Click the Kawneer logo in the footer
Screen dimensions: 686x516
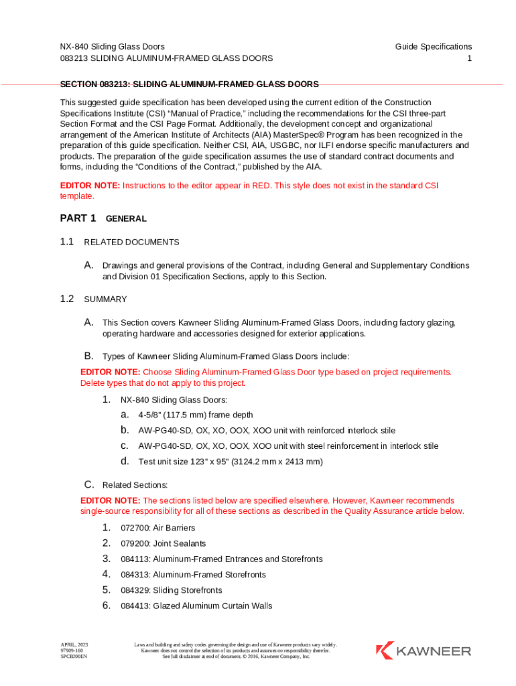tap(424, 650)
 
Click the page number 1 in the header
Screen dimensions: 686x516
tap(470, 58)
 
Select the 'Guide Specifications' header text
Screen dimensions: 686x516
tap(433, 46)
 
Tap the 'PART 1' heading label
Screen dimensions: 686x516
tap(78, 218)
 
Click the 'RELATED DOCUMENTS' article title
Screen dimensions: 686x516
tap(131, 242)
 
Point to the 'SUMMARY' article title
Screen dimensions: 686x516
tap(105, 299)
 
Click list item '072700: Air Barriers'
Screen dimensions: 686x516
tap(157, 528)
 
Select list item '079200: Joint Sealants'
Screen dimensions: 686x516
tap(163, 543)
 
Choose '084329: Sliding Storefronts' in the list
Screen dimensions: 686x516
tap(171, 590)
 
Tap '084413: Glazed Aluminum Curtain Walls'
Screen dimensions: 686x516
tap(196, 606)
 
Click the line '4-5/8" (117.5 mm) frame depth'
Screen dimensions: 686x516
tap(196, 415)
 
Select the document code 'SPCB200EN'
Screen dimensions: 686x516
tap(74, 657)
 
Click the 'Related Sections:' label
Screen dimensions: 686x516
tap(135, 484)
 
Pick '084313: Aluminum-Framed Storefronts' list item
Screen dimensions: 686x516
tap(193, 575)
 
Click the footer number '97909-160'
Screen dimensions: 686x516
tap(72, 650)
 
